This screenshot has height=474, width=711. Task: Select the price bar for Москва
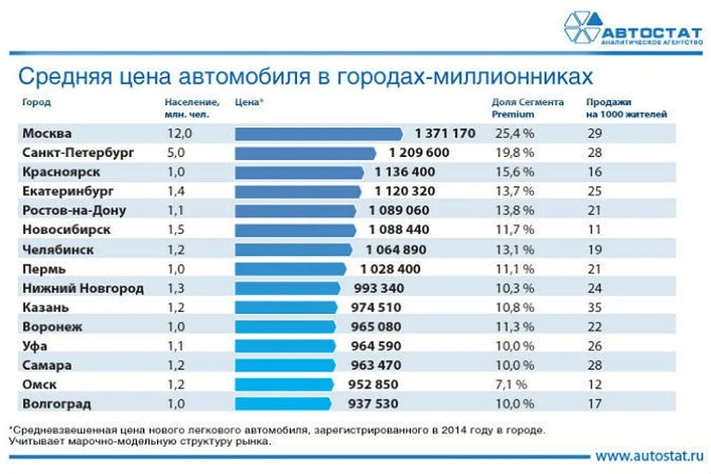[319, 133]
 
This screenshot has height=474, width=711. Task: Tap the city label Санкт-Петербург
[78, 153]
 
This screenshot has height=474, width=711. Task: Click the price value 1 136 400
[404, 172]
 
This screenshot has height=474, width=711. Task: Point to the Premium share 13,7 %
[513, 191]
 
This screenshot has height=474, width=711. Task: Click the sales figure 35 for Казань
[595, 307]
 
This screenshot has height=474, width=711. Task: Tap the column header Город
[36, 103]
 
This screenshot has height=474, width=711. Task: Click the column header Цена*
[249, 103]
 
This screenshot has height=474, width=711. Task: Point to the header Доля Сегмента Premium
[527, 108]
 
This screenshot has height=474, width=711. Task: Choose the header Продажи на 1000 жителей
[626, 108]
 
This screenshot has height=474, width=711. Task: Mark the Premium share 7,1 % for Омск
[513, 384]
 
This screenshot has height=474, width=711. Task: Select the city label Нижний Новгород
[83, 288]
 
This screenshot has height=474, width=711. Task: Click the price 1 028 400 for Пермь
[390, 269]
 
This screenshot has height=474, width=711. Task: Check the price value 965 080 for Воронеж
[375, 327]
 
